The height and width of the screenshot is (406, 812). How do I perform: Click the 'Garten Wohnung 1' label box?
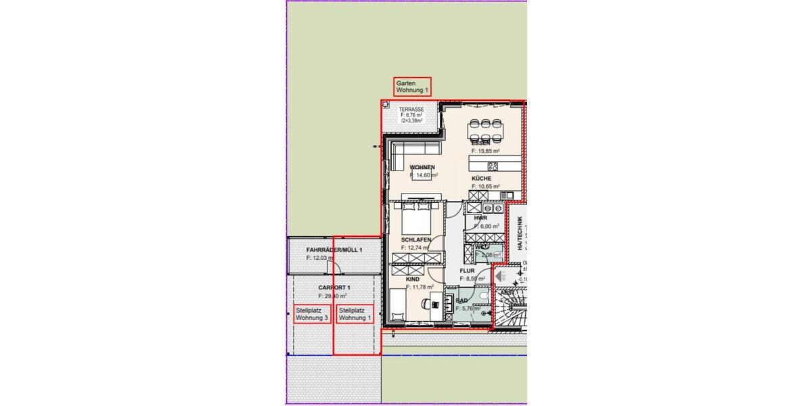[412, 87]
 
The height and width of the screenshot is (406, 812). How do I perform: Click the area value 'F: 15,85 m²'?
[486, 151]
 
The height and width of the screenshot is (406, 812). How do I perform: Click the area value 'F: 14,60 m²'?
[424, 175]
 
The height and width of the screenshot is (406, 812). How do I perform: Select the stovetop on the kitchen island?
[493, 166]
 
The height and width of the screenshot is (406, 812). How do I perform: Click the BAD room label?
[462, 300]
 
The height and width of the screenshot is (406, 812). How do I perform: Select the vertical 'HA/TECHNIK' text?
[519, 233]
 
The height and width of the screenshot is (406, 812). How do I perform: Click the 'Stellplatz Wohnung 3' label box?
[313, 314]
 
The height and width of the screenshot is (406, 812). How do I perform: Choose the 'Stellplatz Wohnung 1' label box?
[355, 314]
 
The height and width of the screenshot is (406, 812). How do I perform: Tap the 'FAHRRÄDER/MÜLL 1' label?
[334, 250]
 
